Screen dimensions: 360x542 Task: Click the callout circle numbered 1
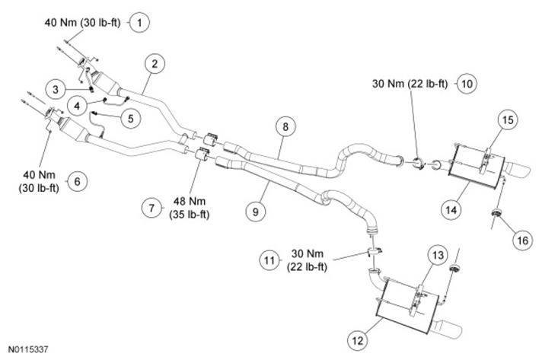140,22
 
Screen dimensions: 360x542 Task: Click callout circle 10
466,83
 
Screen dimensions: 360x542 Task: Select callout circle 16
521,240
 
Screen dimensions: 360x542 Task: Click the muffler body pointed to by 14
476,164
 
